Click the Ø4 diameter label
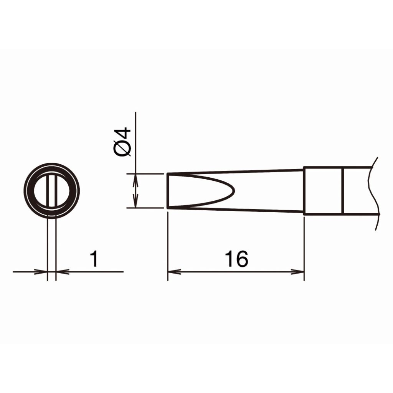122,142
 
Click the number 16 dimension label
236,259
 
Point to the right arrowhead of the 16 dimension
297,271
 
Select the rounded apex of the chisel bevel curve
234,190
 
